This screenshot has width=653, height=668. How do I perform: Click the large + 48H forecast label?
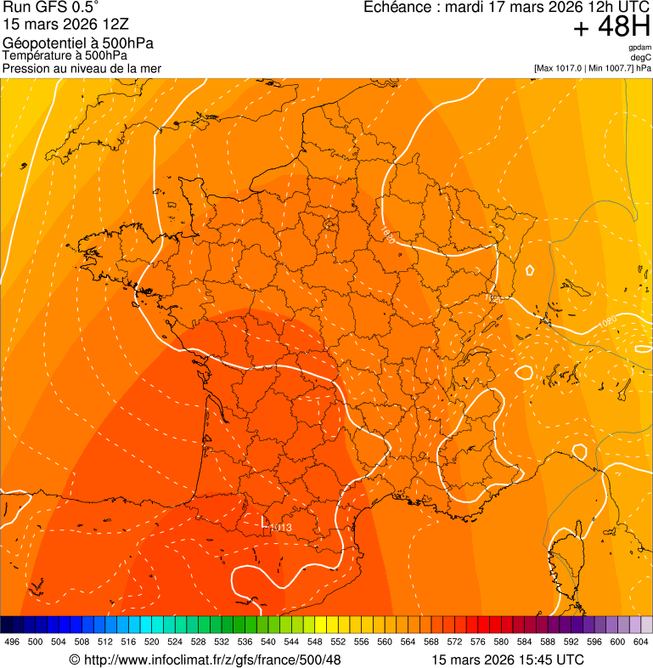point(611,28)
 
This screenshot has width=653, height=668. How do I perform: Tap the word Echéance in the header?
point(397,8)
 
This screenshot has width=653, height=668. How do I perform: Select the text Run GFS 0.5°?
point(51,8)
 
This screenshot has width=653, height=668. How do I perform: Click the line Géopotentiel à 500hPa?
point(78,43)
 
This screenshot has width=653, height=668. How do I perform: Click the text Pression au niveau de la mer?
point(82,68)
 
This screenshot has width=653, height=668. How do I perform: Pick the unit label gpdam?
point(639,48)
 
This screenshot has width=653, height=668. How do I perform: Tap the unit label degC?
point(641,57)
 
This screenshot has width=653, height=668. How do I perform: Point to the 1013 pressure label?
point(281,528)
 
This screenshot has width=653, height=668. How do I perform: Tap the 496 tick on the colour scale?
point(12,642)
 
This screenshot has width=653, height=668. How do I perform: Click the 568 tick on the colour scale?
point(431,642)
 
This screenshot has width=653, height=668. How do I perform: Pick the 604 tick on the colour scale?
point(641,642)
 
